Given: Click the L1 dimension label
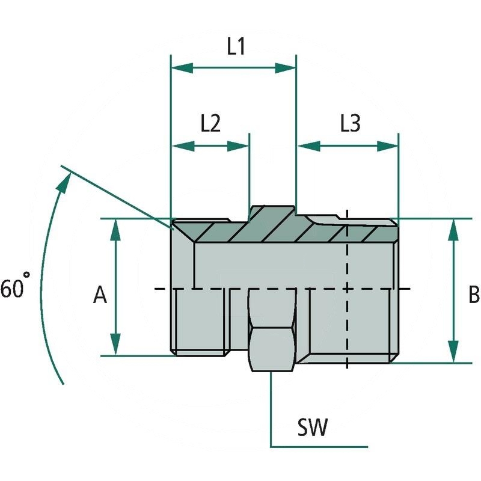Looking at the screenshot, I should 235,47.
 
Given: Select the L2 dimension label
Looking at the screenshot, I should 210,123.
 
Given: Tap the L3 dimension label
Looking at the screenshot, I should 349,123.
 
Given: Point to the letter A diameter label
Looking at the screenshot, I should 100,295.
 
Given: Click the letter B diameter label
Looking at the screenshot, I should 473,295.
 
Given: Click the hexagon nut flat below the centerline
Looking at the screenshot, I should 272,349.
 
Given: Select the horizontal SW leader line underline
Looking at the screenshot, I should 319,447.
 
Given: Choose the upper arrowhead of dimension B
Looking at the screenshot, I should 453,229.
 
